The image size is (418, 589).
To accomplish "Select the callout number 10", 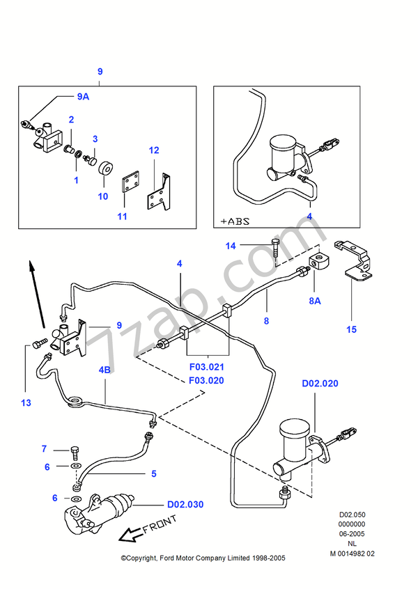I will (102, 196).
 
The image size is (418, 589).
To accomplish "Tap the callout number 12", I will (154, 150).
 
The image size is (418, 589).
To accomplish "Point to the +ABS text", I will (235, 221).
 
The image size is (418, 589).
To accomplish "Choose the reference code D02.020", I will (320, 383).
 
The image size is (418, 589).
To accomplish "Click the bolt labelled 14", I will (277, 248).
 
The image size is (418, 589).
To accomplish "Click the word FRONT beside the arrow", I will (160, 527).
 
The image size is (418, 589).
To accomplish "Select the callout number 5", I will (154, 474).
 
